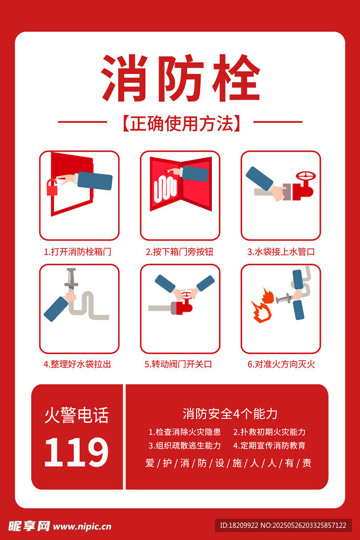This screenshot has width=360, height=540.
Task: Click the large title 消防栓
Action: [x=180, y=78]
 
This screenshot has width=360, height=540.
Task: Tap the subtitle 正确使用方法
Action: [x=181, y=123]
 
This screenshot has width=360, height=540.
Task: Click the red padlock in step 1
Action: [x=52, y=187]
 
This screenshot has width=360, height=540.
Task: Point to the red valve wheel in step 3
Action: [x=306, y=176]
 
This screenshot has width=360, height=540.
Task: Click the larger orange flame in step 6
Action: [x=261, y=312]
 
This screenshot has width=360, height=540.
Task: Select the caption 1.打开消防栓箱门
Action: [x=77, y=252]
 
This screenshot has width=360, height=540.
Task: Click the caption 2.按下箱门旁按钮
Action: [x=180, y=252]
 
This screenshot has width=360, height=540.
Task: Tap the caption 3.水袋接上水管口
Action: [x=281, y=252]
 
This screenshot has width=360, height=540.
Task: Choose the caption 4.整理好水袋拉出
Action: [x=77, y=364]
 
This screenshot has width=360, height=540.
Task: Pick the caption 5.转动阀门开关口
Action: [x=178, y=364]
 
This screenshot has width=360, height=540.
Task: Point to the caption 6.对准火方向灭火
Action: [x=281, y=364]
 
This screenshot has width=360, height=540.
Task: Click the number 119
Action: [x=76, y=452]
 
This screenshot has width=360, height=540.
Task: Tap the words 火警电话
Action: [x=76, y=415]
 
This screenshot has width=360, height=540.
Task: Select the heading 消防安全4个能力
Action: [x=230, y=413]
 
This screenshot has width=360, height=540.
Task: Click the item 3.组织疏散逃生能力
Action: [x=184, y=445]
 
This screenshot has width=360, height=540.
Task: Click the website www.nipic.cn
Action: [x=82, y=527]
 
